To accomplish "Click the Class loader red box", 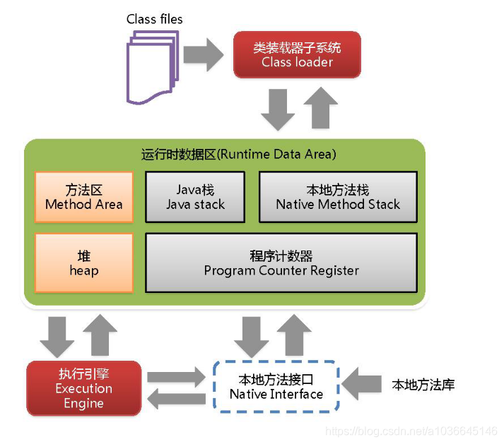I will pos(297,55).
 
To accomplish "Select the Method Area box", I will pos(83,197).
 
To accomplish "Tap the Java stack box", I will pos(195,197).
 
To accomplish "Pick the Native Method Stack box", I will pos(338,197).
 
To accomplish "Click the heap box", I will pos(83,263).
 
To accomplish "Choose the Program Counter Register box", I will pos(281,263).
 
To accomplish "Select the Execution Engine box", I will pos(83,388).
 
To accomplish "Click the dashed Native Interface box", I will pos(276,387).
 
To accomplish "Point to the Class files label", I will pos(154,19).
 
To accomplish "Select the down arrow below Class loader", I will pos(277,109).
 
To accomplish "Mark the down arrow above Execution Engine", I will pos(57,336).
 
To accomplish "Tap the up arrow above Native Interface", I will pos(294,335).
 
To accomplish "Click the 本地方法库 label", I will pos(423,385).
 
